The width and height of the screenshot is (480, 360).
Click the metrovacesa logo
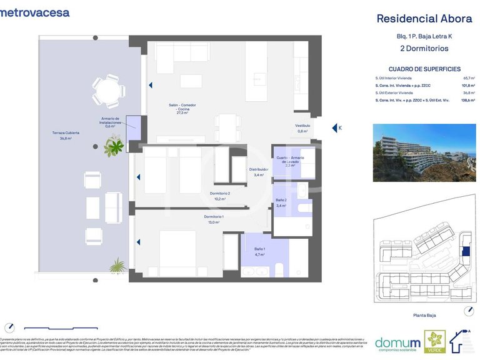tap(35, 12)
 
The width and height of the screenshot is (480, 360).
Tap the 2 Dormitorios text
tap(424, 47)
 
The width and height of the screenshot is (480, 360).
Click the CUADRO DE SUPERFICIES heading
tap(424, 69)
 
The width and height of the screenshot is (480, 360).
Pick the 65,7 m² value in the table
tap(467, 77)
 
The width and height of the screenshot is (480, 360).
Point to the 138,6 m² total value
tap(466, 100)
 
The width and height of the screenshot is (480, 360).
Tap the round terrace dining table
tap(104, 91)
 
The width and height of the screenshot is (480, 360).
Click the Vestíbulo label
tap(302, 128)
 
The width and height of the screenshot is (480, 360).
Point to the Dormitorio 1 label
tap(214, 219)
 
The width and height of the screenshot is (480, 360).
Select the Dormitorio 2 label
tap(220, 196)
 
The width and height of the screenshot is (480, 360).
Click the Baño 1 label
tap(260, 251)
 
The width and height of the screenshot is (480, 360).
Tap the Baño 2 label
tap(281, 202)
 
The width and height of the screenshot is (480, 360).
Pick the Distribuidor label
tap(259, 172)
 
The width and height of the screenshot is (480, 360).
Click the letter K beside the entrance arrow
tap(340, 128)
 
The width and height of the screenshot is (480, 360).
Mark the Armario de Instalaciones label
tap(110, 122)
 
